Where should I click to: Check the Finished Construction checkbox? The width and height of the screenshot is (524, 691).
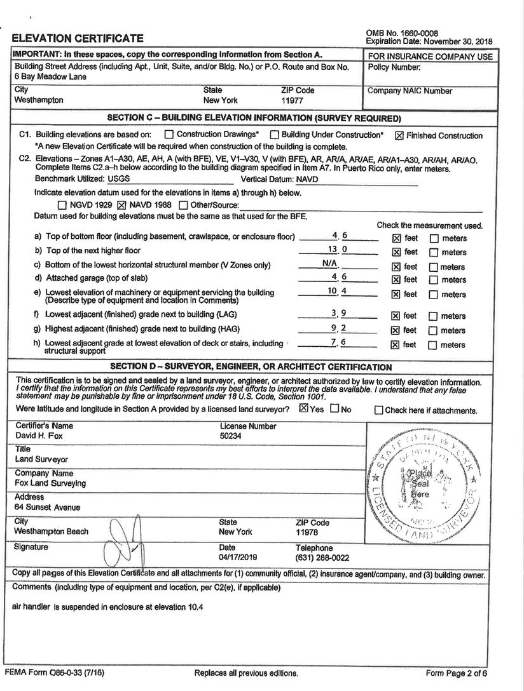point(399,135)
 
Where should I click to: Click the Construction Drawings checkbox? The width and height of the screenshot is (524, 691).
point(169,135)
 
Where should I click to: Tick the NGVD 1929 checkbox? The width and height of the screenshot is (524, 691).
point(62,205)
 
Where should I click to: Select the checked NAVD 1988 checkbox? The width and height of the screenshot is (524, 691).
point(123,205)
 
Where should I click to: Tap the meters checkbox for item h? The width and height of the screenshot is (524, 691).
point(434,345)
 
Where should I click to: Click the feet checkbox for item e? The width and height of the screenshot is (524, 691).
point(396,295)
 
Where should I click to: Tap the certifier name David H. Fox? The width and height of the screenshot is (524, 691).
point(39,436)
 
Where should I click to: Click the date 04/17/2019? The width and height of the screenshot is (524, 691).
point(237,558)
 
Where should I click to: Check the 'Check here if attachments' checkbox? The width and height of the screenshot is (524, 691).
point(379,410)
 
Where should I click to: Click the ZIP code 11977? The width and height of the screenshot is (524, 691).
point(293,100)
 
